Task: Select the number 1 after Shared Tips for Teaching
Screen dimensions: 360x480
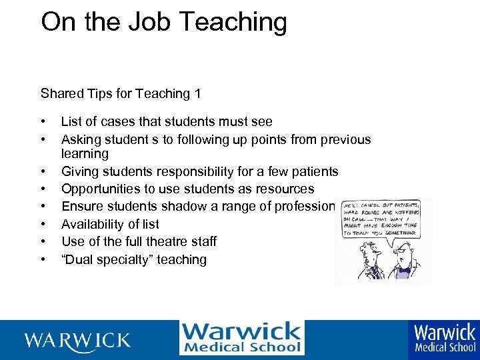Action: click(x=197, y=94)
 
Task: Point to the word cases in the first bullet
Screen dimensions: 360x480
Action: click(x=118, y=122)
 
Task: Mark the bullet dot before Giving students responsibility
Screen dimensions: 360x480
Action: click(x=43, y=172)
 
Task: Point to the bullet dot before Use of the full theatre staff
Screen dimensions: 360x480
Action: click(x=43, y=241)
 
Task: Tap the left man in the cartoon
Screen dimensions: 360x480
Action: click(x=364, y=263)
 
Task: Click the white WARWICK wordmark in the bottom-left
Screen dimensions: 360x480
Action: click(x=77, y=340)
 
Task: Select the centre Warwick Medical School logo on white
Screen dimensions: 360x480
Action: click(x=241, y=338)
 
